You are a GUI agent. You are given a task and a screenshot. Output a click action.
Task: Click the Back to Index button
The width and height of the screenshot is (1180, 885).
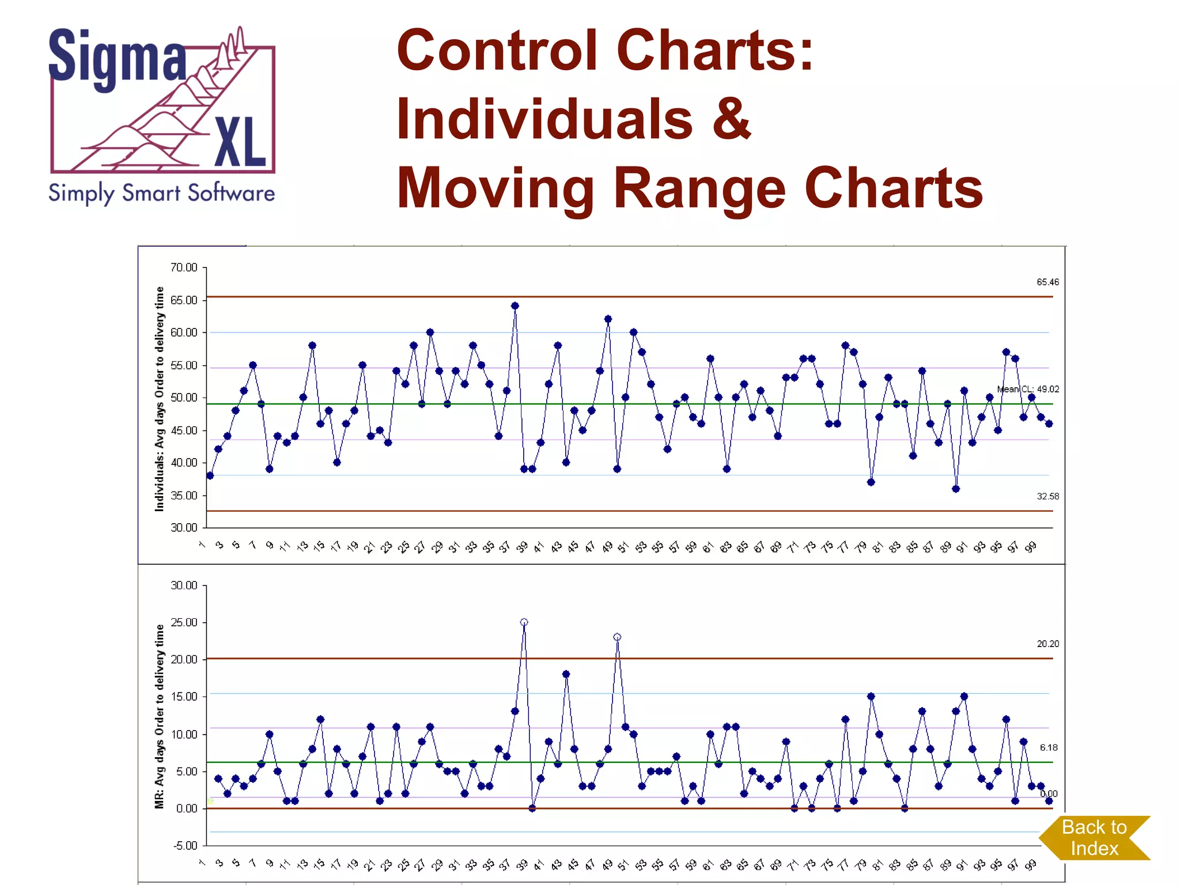point(1094,838)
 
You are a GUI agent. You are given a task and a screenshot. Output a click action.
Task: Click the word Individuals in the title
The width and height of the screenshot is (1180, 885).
point(544,119)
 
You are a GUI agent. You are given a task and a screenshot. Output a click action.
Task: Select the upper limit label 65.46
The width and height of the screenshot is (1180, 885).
point(1047,282)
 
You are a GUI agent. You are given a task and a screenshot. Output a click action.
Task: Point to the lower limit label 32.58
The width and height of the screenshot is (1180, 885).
point(1047,496)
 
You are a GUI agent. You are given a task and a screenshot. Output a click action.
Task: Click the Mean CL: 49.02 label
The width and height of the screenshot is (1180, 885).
point(1028,389)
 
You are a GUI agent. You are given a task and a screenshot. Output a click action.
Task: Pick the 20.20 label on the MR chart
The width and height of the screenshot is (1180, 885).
point(1047,644)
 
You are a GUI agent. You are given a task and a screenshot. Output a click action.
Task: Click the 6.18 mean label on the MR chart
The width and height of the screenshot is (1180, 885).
point(1048,747)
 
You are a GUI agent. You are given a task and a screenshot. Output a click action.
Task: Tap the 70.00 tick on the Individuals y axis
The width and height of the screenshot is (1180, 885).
point(184,267)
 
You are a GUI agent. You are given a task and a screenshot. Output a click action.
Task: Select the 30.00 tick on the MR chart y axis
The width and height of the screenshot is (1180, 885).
point(184,585)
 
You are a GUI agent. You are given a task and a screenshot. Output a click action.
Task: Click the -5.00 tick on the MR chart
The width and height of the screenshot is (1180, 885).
point(185,845)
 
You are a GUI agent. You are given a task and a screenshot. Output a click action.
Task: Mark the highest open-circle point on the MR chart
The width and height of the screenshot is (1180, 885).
point(524,622)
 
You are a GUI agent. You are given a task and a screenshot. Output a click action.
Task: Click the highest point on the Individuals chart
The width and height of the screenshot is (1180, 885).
point(515,306)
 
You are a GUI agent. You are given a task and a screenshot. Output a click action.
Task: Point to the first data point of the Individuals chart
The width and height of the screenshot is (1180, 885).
point(210,476)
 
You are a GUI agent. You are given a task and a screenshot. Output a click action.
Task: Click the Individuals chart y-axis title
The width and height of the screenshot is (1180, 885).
point(160,399)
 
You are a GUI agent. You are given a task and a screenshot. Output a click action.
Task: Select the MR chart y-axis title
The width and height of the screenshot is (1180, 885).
point(160,716)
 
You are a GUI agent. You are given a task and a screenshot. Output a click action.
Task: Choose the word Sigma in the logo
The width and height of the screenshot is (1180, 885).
point(118,58)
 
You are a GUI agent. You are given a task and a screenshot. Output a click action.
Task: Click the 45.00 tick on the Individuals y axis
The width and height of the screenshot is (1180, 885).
point(184,430)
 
